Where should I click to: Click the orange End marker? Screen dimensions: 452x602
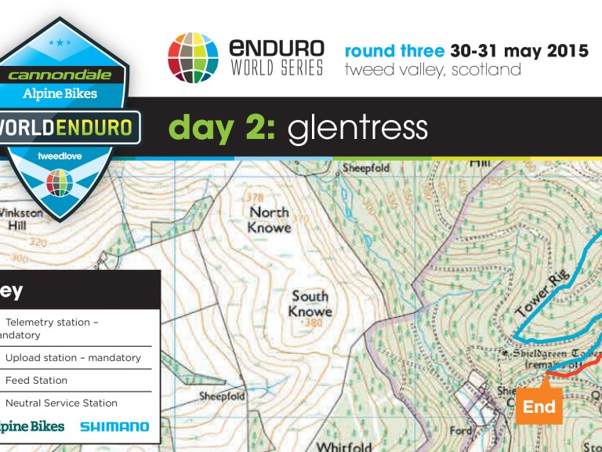[539, 406]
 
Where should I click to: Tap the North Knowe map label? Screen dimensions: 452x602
[270, 220]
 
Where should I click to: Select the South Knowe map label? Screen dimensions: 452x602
[310, 304]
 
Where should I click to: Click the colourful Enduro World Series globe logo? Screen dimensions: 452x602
[192, 57]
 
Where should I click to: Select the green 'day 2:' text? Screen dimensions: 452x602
[222, 128]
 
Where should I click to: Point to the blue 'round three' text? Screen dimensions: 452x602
[395, 52]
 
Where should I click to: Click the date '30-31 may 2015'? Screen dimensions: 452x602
[519, 52]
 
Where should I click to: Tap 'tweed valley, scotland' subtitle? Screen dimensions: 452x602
[432, 70]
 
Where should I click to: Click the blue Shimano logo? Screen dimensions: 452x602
[114, 427]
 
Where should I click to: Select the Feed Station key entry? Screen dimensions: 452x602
[36, 381]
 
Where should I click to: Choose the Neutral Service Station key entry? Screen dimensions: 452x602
[61, 403]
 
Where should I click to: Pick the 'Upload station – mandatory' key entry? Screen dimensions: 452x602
[73, 358]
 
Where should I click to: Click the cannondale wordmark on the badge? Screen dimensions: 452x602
[60, 76]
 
